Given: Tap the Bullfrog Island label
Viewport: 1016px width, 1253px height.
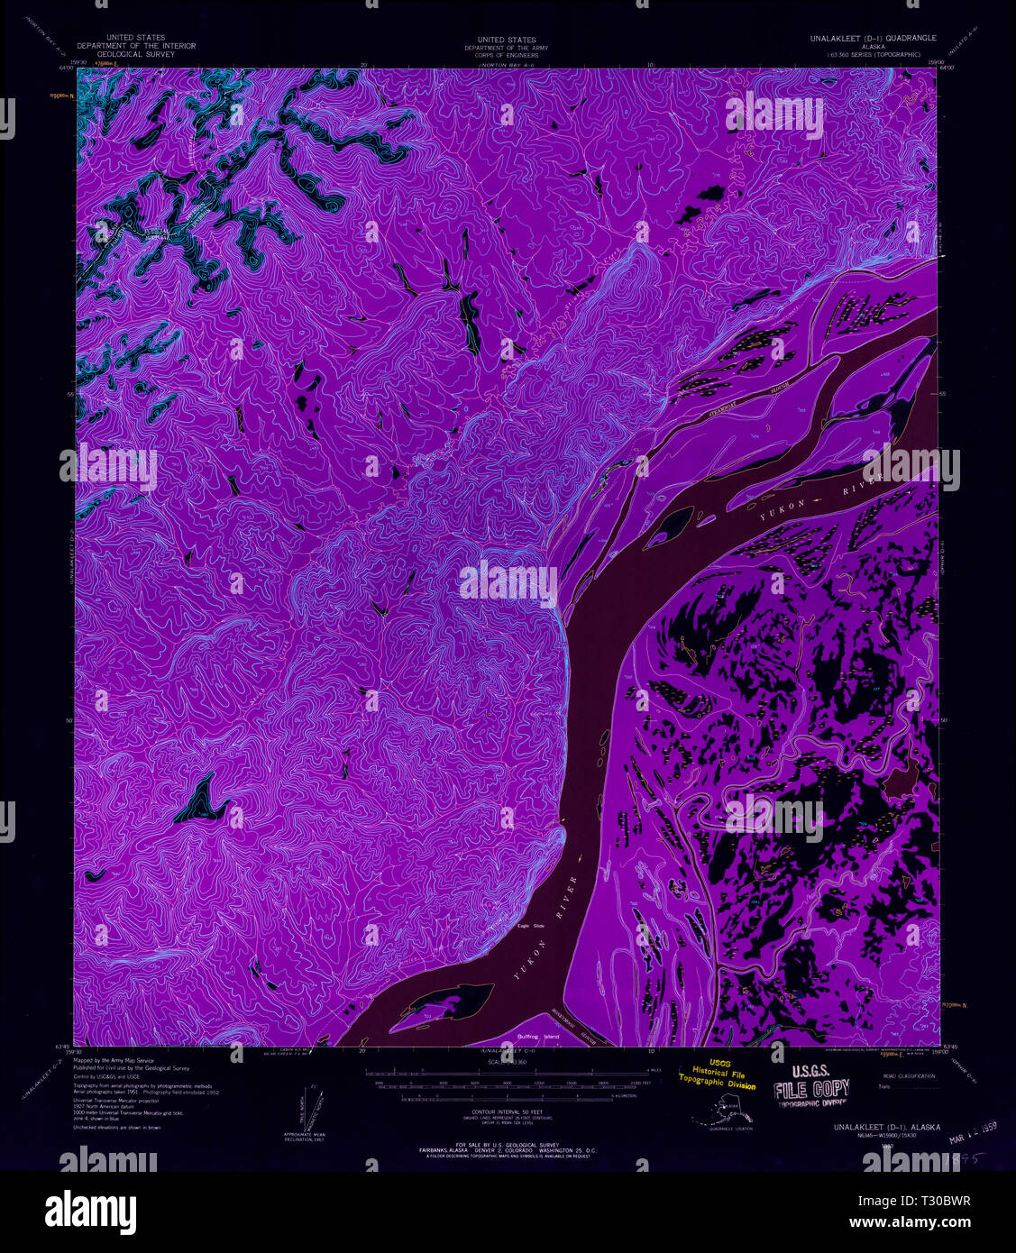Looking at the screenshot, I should tap(538, 1037).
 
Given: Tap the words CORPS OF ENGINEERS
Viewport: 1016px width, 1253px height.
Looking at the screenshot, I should tap(508, 56).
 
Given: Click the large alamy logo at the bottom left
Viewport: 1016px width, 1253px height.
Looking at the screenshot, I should tap(90, 1208).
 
